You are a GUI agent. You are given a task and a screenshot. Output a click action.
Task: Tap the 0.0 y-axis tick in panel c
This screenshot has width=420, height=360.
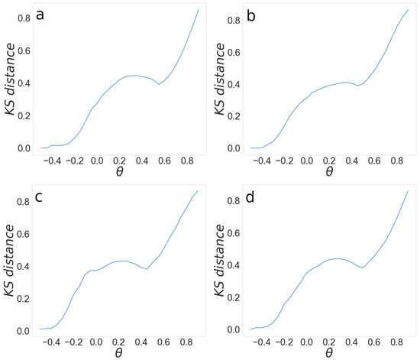click(23, 331)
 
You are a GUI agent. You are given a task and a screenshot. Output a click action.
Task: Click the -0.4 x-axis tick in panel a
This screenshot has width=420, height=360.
click(50, 161)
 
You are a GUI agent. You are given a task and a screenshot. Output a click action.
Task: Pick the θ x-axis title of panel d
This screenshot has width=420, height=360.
click(328, 354)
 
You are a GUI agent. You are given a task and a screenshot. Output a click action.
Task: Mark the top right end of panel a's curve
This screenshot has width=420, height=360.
click(199, 9)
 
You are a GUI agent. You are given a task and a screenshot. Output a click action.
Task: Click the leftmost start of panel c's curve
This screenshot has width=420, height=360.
click(40, 329)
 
